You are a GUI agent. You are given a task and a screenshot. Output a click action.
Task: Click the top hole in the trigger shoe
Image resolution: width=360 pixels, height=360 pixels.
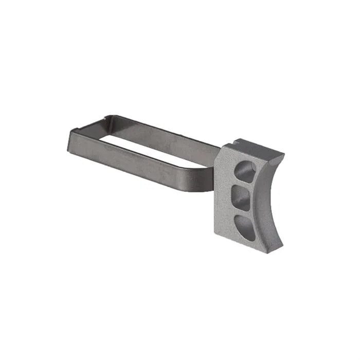click(245, 172)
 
